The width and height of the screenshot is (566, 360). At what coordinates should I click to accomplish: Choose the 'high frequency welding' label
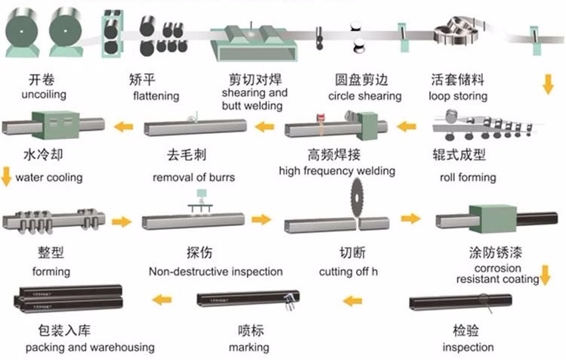pyautogui.click(x=337, y=171)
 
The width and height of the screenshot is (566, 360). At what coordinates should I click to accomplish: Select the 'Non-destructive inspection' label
pyautogui.click(x=215, y=271)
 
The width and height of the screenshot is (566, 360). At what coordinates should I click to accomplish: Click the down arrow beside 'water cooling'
pyautogui.click(x=6, y=178)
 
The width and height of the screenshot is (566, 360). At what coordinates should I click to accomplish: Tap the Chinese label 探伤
pyautogui.click(x=197, y=253)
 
